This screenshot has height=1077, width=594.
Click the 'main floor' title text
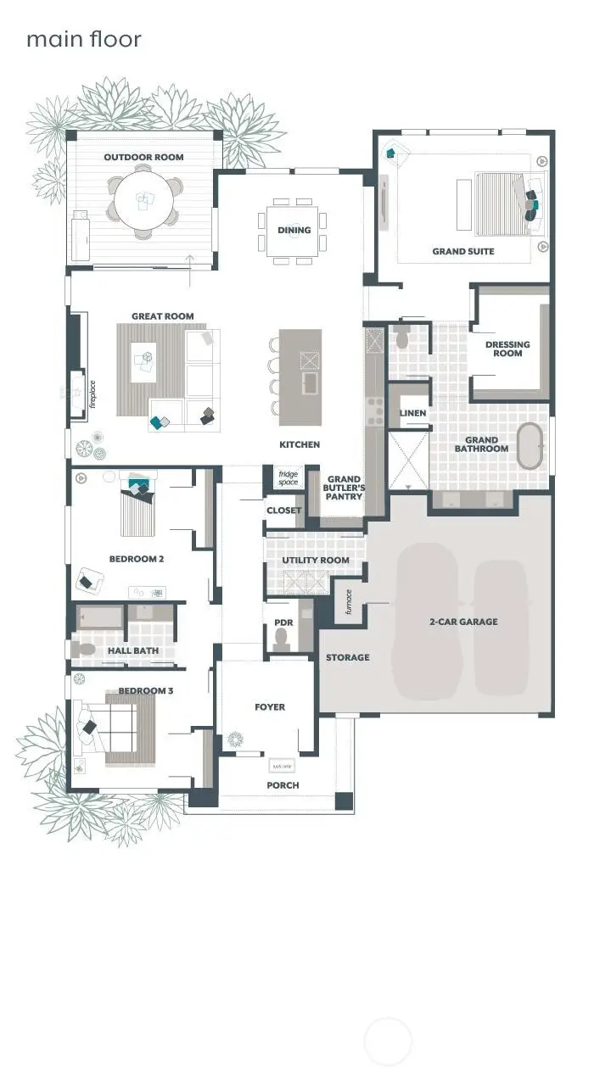[x=83, y=39]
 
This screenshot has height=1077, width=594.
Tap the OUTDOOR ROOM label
[x=143, y=157]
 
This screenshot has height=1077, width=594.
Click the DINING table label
[x=294, y=230]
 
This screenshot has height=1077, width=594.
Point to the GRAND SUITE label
[x=462, y=251]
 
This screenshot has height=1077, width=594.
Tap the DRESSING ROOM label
[x=507, y=349]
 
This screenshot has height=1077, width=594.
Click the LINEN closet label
[x=412, y=413]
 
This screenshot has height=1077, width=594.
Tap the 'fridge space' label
[x=289, y=478]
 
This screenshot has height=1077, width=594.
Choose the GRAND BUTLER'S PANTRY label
[x=344, y=488]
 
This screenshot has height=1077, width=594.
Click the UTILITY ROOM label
[x=316, y=561]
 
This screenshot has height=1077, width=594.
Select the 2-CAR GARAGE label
[x=462, y=622]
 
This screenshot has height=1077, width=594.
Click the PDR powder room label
[x=283, y=622]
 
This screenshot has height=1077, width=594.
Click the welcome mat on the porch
[x=282, y=767]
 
